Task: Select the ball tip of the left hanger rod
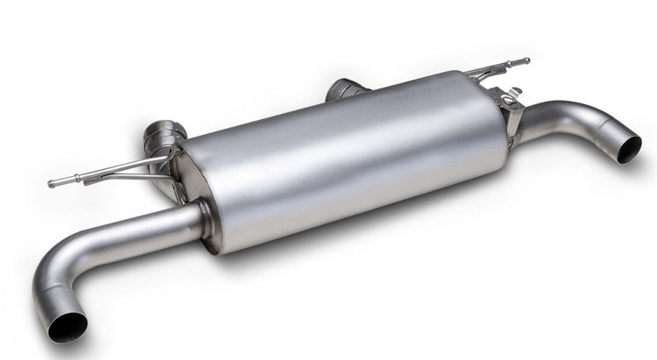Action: tap(52, 184)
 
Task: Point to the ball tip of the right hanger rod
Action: tap(526, 61)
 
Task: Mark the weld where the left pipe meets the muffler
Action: tap(204, 219)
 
